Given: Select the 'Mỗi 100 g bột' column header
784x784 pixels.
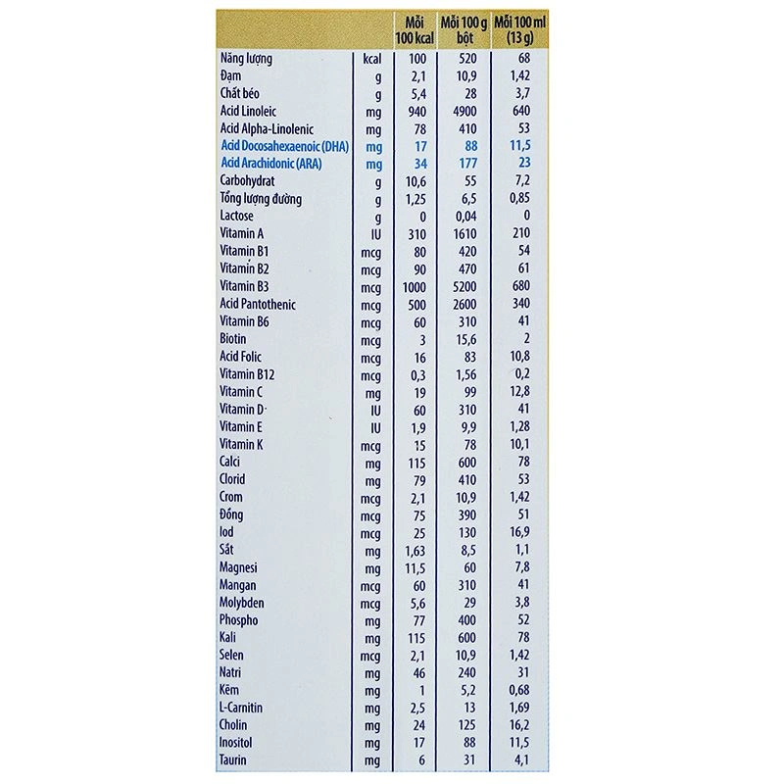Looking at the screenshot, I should pos(465,29).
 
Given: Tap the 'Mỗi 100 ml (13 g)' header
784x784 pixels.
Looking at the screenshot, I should pos(520,29).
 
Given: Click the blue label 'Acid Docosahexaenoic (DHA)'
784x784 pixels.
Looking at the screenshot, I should pos(285,146).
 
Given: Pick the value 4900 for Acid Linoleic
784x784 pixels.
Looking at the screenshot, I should pos(465,111).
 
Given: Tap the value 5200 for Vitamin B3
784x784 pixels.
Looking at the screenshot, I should pos(465,286).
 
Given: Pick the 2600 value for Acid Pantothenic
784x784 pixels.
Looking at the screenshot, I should pos(465,304).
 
